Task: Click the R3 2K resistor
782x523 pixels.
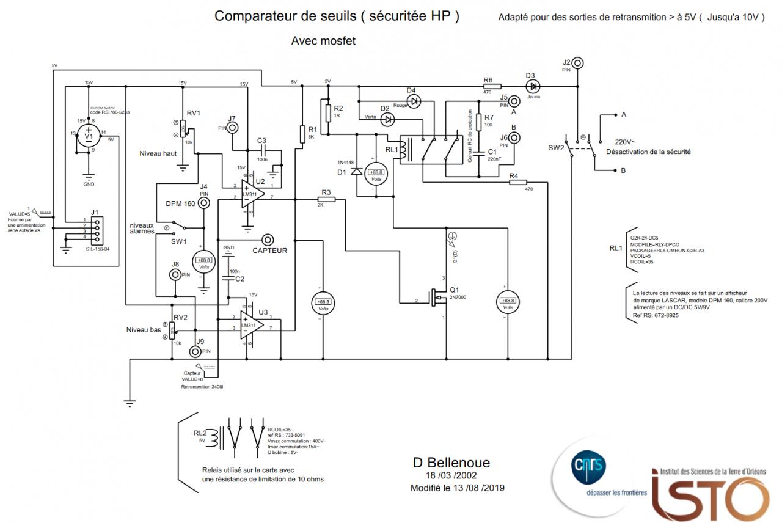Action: [x=327, y=199]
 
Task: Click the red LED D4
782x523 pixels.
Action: [x=414, y=101]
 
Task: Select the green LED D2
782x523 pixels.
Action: [x=387, y=119]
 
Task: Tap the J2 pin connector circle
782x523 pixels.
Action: [x=576, y=62]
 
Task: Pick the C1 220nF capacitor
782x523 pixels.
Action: [x=480, y=151]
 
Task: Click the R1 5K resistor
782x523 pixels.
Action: [x=302, y=134]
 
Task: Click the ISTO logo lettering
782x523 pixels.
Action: [x=709, y=495]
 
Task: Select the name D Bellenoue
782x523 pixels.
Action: [x=451, y=463]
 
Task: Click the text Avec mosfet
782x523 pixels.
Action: [x=323, y=41]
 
